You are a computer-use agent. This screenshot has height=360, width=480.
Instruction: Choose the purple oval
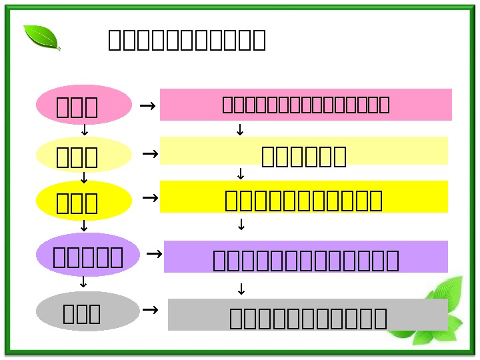[87, 255]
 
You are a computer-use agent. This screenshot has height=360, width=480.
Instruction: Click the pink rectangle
[305, 105]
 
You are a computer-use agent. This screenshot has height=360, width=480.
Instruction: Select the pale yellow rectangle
[303, 151]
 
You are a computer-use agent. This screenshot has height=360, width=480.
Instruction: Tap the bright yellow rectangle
[303, 197]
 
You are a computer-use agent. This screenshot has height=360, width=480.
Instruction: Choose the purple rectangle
[305, 257]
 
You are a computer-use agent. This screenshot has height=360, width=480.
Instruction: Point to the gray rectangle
[307, 315]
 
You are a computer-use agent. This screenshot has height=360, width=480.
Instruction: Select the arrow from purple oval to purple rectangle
[154, 254]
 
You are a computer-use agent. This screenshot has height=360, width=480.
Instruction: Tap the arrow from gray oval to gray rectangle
[151, 310]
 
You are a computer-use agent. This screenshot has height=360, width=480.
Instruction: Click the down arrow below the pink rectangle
[241, 131]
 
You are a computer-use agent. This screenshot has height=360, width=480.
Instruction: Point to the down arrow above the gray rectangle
[241, 289]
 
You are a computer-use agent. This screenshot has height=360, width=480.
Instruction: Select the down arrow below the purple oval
[83, 283]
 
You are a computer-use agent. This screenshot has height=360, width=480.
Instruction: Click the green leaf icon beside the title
[42, 37]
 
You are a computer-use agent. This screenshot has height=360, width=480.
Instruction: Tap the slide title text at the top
[187, 40]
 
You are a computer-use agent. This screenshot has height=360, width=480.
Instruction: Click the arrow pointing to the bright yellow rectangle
[151, 198]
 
